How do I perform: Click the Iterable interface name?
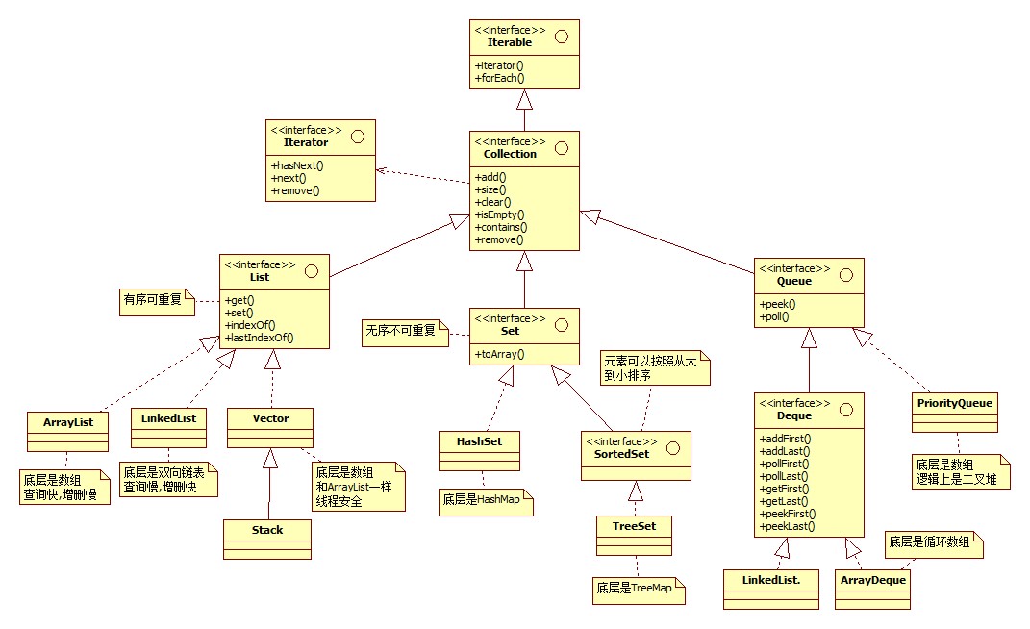510,43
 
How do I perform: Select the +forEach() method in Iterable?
499,78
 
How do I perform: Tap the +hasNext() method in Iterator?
297,165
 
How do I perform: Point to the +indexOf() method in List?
252,324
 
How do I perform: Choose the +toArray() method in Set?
499,354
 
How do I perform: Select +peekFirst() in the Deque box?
789,514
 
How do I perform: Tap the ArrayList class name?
67,421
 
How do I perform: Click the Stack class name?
267,530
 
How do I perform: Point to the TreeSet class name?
633,526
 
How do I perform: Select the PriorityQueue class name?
954,403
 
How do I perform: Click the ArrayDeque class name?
873,580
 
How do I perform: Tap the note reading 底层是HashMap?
484,501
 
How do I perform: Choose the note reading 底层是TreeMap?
637,588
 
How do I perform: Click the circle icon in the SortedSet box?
674,445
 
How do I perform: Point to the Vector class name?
270,417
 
